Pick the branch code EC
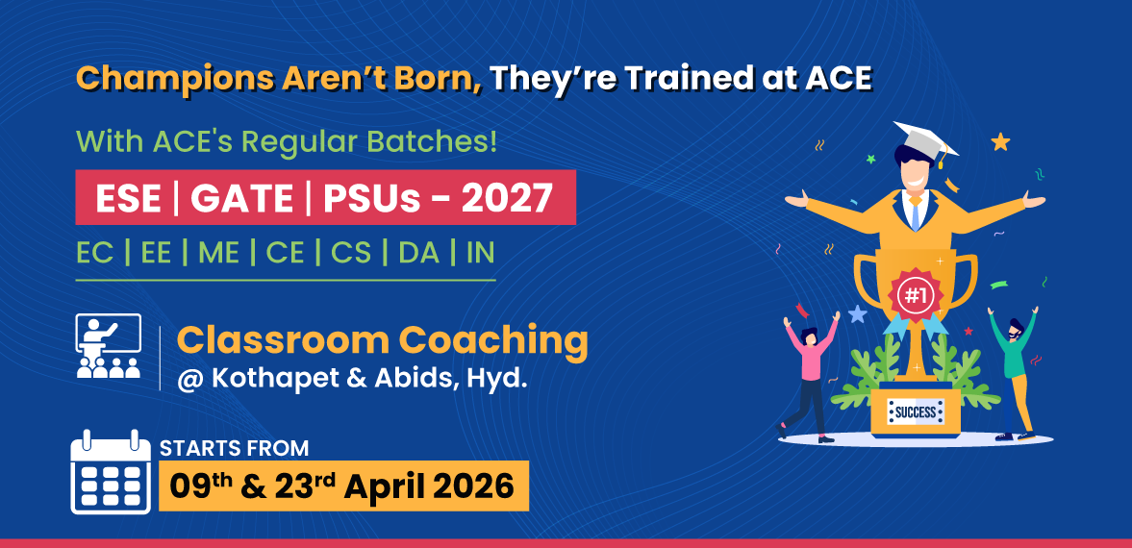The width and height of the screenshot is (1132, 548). pyautogui.click(x=94, y=254)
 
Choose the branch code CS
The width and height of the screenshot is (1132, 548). pyautogui.click(x=351, y=254)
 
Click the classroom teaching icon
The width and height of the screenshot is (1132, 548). pyautogui.click(x=109, y=346)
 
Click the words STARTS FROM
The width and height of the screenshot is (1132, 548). pyautogui.click(x=234, y=448)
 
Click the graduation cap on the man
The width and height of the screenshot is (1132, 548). pyautogui.click(x=926, y=141)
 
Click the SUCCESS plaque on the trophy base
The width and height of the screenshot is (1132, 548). pyautogui.click(x=916, y=412)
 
